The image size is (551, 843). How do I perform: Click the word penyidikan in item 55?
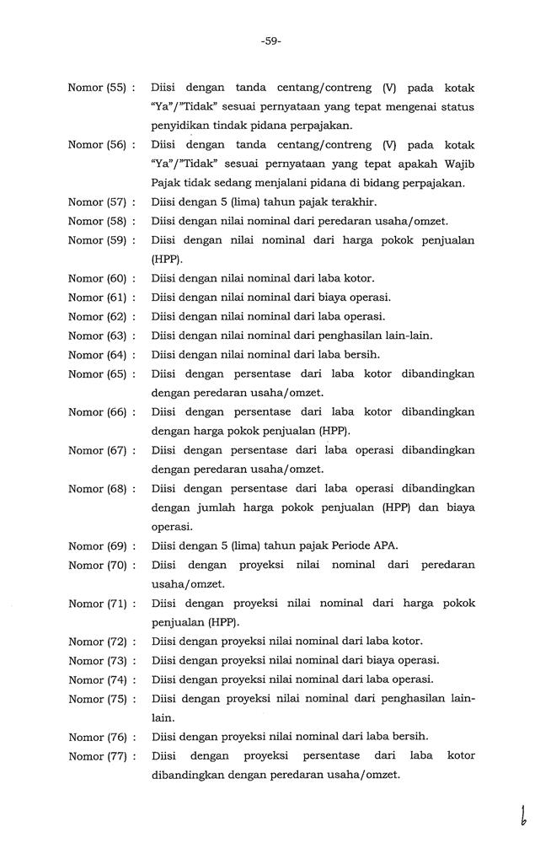(184, 125)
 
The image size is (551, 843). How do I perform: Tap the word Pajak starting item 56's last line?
(168, 183)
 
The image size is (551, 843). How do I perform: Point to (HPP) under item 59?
(167, 260)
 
